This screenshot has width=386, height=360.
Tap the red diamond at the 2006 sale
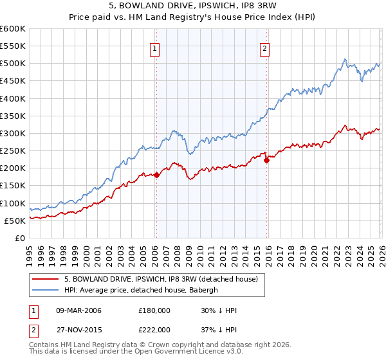tap(156, 175)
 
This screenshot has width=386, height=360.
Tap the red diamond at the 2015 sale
tap(267, 160)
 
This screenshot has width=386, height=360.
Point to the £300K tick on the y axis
tap(13, 133)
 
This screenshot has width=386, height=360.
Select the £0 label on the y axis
tap(21, 238)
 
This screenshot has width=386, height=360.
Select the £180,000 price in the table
tap(154, 310)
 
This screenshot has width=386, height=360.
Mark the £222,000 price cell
tap(154, 329)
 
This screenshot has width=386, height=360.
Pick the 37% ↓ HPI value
tap(219, 329)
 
